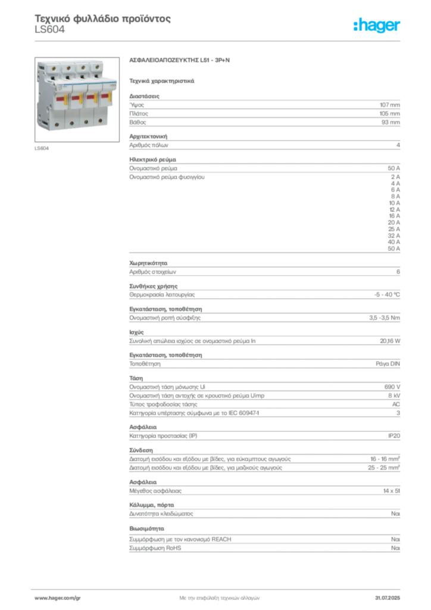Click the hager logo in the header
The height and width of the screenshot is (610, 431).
(x=377, y=25)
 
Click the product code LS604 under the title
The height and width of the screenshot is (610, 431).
(x=50, y=30)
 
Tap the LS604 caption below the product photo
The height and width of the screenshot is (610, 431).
(x=42, y=148)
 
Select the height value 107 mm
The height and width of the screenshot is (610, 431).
(x=390, y=105)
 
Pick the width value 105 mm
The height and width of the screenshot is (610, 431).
(x=390, y=114)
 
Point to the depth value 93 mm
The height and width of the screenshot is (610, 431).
(x=391, y=122)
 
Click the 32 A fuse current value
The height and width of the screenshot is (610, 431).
(x=393, y=235)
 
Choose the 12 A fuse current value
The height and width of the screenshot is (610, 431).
(x=395, y=209)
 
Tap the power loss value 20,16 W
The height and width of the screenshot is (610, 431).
(x=390, y=341)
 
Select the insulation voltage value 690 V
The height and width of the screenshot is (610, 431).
(x=392, y=387)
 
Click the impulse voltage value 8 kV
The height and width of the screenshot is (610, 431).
(x=394, y=396)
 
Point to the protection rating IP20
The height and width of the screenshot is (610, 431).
(x=394, y=435)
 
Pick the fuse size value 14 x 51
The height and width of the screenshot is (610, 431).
(x=391, y=491)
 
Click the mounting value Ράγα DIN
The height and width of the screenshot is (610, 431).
(x=388, y=364)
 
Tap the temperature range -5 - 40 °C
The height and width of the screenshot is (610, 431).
(x=387, y=294)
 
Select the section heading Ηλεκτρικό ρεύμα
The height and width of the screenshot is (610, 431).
(x=153, y=160)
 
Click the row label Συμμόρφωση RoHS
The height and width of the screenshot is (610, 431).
(x=155, y=548)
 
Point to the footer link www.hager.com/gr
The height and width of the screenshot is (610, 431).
(x=58, y=598)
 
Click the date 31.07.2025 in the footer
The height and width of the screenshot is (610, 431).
(x=388, y=598)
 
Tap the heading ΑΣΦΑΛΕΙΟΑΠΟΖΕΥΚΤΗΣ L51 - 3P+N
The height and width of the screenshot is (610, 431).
(x=180, y=60)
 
